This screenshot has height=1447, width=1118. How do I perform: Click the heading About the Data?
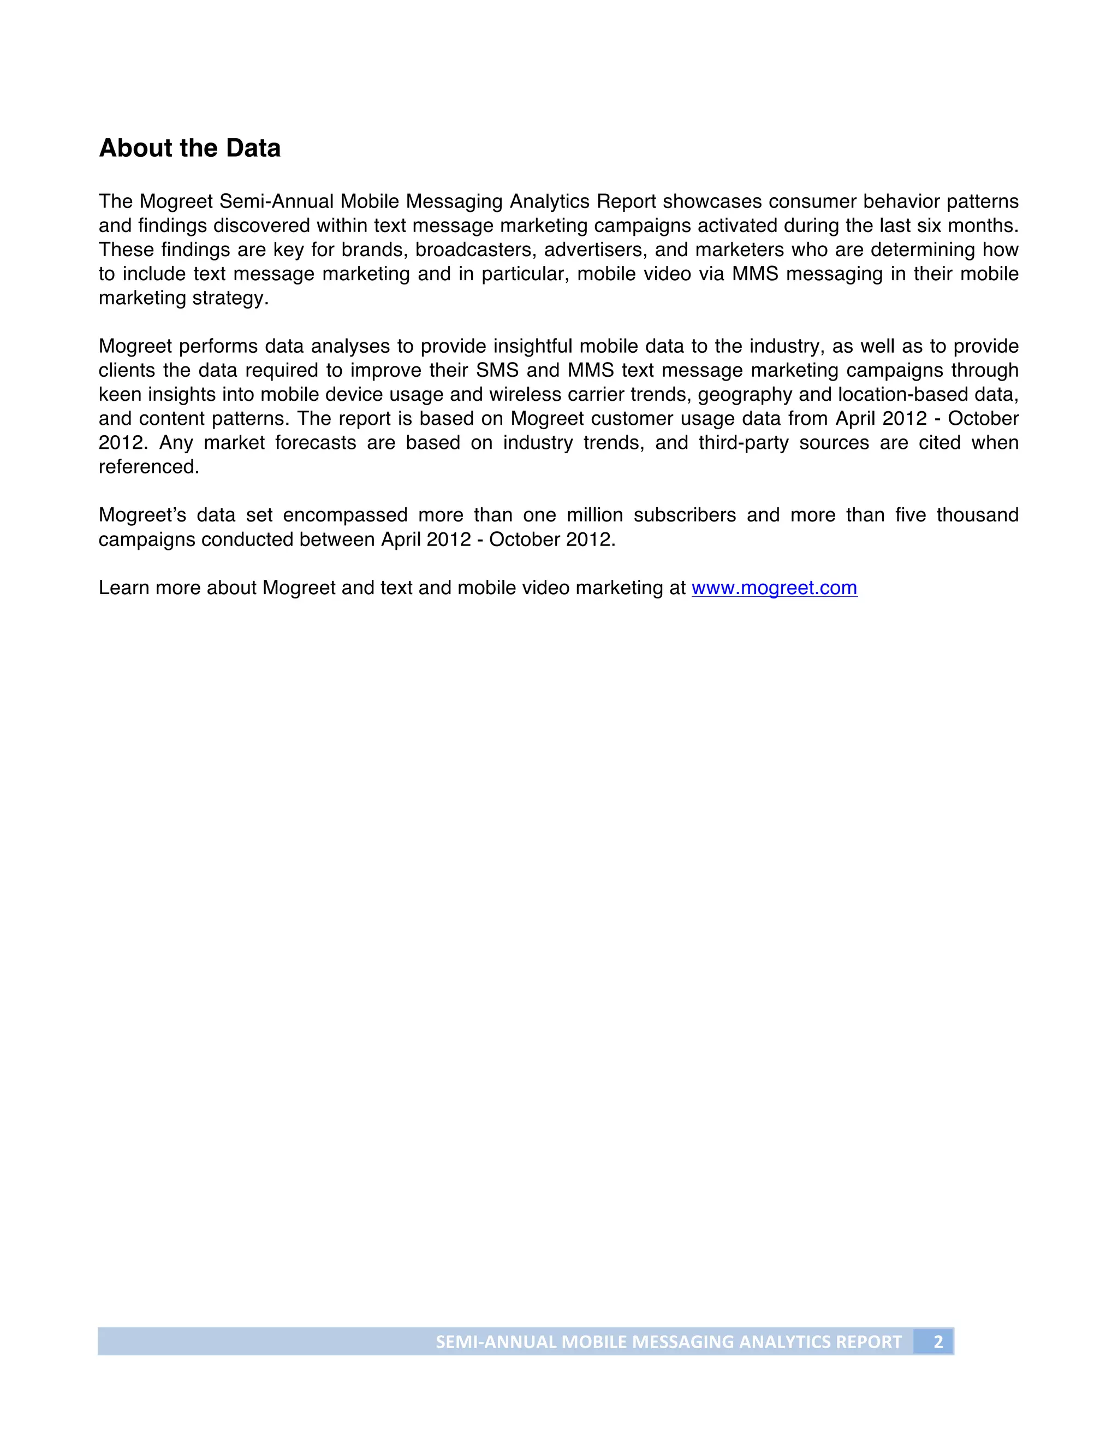[x=189, y=149]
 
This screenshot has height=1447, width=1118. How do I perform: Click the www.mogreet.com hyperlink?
[x=774, y=588]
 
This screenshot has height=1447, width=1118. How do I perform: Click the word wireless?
[x=523, y=395]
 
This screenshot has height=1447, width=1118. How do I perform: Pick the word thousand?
[x=977, y=515]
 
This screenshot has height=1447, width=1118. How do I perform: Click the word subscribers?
[x=685, y=515]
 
